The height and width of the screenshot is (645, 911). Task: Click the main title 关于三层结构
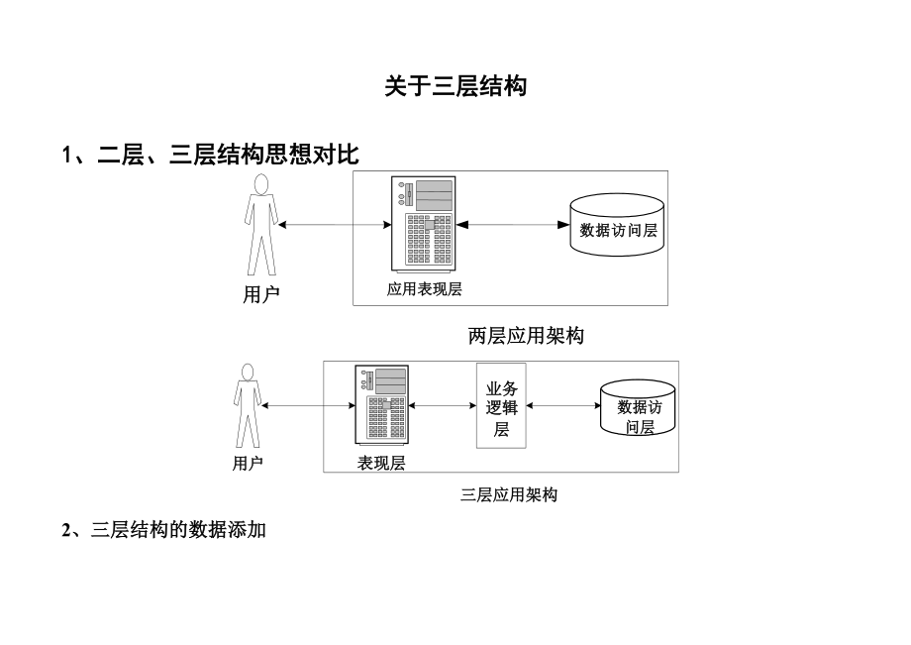tap(455, 87)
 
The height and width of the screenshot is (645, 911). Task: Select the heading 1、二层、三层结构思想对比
tap(210, 155)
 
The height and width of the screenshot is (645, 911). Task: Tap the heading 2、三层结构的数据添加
tap(163, 530)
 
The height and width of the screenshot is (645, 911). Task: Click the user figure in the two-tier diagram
tap(260, 225)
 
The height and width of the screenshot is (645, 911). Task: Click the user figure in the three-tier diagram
tap(247, 405)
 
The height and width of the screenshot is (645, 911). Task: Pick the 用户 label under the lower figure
tap(248, 463)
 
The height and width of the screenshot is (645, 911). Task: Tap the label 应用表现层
tap(425, 289)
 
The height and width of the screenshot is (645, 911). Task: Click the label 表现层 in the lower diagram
tap(381, 463)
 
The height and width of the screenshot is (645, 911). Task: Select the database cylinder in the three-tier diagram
tap(639, 407)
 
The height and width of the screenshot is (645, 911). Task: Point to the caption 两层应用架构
tap(526, 336)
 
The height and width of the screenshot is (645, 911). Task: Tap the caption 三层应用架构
tap(509, 494)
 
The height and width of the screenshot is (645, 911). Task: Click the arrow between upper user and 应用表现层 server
tap(335, 225)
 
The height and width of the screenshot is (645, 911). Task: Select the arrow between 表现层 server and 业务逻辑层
tap(442, 404)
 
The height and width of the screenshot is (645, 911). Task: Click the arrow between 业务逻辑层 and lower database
tap(563, 404)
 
